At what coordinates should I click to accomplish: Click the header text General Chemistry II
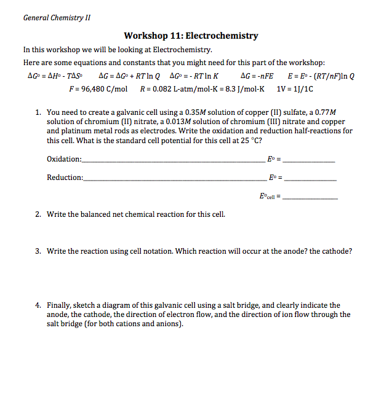pyautogui.click(x=56, y=17)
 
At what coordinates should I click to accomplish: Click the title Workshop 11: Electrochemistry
pyautogui.click(x=191, y=36)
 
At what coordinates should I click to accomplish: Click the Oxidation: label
pyautogui.click(x=64, y=160)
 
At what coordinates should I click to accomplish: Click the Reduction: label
pyautogui.click(x=65, y=178)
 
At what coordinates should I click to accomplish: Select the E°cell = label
pyautogui.click(x=270, y=197)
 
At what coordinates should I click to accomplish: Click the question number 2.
pyautogui.click(x=38, y=214)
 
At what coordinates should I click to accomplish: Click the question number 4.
pyautogui.click(x=38, y=305)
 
